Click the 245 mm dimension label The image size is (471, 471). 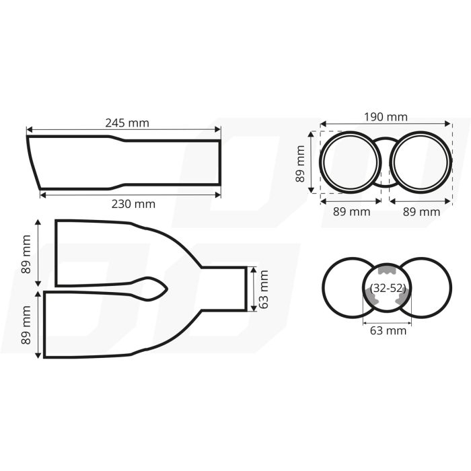click(127, 122)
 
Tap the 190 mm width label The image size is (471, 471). click(385, 116)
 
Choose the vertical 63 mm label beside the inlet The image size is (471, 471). click(263, 289)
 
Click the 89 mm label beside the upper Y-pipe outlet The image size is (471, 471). click(27, 254)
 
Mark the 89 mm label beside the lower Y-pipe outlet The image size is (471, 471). click(27, 325)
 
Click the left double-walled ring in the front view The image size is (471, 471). click(349, 162)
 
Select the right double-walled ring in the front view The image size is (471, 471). click(420, 162)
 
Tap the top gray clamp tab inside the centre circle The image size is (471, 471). click(386, 270)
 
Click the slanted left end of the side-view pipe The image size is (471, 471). click(34, 161)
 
